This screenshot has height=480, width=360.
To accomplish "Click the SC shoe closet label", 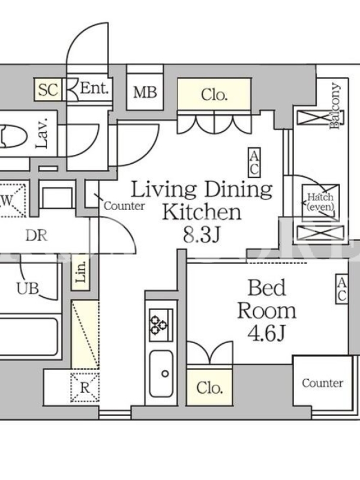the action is [x=48, y=89].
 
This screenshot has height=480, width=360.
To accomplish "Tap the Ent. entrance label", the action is [x=94, y=88].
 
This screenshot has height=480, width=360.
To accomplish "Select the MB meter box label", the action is [x=145, y=92].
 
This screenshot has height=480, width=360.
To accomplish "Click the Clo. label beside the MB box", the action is [x=214, y=95].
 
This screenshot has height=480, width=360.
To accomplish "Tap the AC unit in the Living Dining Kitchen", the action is [x=254, y=163].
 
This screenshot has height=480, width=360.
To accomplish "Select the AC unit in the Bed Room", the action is [x=342, y=290].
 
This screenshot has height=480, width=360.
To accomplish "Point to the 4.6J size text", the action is [x=266, y=334].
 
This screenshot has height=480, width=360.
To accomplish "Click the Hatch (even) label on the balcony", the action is [x=320, y=202].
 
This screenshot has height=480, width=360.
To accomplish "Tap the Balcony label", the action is [x=335, y=106].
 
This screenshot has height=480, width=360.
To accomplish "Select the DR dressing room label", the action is [x=37, y=236].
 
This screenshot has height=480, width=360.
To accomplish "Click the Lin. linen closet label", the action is [x=81, y=272].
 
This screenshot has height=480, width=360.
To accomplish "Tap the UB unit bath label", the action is [x=28, y=289].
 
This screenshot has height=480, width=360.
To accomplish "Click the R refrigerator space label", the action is [x=85, y=388].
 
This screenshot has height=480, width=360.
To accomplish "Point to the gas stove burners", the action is [x=158, y=325].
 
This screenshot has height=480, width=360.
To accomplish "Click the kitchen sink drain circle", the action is [x=166, y=373].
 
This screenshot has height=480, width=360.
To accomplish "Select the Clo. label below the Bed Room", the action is [x=209, y=388].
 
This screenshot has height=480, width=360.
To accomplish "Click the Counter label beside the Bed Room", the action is [x=322, y=383].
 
